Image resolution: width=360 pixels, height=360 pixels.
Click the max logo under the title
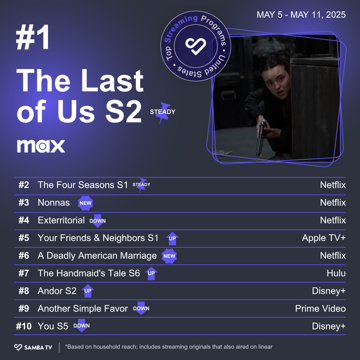tap(41, 146)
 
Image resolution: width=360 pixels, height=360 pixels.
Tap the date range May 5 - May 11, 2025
tap(301, 15)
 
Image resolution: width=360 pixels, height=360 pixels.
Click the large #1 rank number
tap(33, 37)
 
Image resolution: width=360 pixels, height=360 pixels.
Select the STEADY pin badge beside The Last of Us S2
tap(163, 113)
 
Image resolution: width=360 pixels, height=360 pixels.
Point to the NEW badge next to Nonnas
tap(85, 203)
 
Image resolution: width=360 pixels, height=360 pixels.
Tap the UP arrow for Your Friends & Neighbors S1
tap(172, 239)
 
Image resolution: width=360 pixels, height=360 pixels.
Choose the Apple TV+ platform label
tap(324, 238)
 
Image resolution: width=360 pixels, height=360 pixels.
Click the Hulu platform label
tap(336, 273)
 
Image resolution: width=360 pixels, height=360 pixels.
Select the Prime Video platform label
tap(320, 309)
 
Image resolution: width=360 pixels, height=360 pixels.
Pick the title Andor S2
tap(57, 291)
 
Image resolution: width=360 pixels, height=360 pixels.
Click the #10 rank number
tap(24, 326)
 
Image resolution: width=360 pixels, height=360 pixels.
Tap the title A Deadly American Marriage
tap(97, 256)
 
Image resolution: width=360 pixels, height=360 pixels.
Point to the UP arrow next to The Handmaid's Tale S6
tap(151, 273)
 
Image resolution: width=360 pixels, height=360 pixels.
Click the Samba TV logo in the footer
tap(33, 347)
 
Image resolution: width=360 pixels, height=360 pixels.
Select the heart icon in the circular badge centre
tap(196, 46)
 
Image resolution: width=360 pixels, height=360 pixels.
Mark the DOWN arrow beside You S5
tap(82, 326)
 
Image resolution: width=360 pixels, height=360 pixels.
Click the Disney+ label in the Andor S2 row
tap(329, 291)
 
